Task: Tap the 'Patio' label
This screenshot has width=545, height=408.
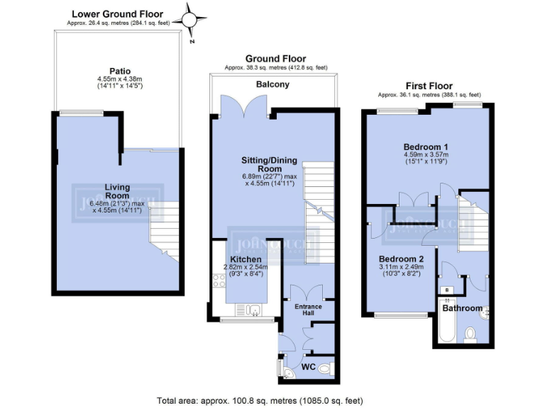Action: pyautogui.click(x=109, y=71)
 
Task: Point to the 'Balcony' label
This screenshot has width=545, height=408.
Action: pyautogui.click(x=272, y=84)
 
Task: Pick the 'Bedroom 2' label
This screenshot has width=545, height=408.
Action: pyautogui.click(x=402, y=259)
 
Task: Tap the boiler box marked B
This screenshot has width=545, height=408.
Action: pyautogui.click(x=446, y=290)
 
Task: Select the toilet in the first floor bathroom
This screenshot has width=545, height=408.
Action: pyautogui.click(x=470, y=333)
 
